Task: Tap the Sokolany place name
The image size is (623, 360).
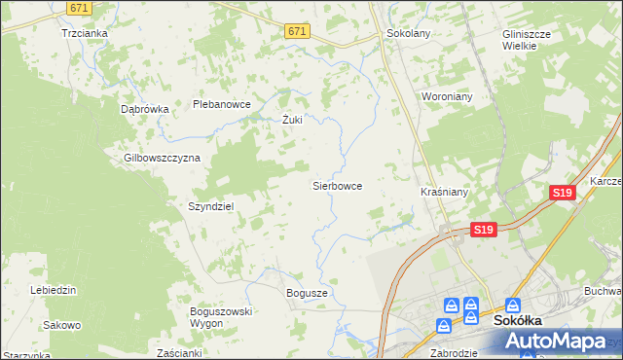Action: pyautogui.click(x=408, y=33)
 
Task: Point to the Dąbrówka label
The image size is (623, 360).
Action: pyautogui.click(x=145, y=110)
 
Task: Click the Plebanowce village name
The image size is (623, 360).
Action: pyautogui.click(x=222, y=104)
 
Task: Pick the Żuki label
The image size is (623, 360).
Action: pyautogui.click(x=292, y=121)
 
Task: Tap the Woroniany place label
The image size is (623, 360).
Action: pyautogui.click(x=447, y=97)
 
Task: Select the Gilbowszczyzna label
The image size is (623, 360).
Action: pyautogui.click(x=162, y=158)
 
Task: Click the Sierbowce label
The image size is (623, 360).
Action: pyautogui.click(x=337, y=185)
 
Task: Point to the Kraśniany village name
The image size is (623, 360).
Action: pyautogui.click(x=444, y=193)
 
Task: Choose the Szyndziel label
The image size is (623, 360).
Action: pyautogui.click(x=211, y=207)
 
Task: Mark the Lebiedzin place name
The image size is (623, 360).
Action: pyautogui.click(x=54, y=291)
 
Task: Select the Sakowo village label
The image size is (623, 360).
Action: pyautogui.click(x=62, y=325)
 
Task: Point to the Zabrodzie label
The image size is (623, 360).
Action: pyautogui.click(x=455, y=353)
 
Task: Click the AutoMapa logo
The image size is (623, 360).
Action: pyautogui.click(x=554, y=342)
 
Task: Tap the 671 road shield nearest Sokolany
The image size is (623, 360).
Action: pyautogui.click(x=298, y=32)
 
